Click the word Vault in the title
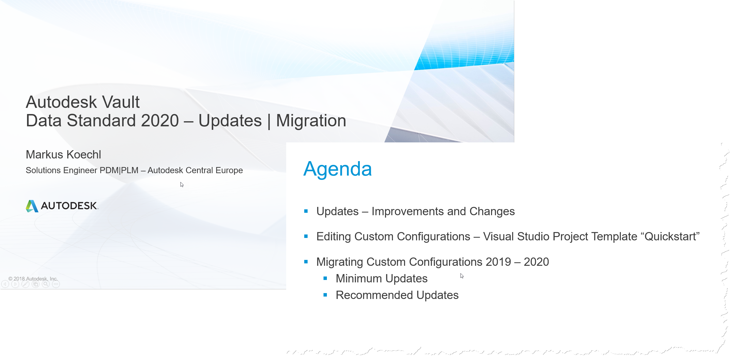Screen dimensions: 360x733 (x=121, y=102)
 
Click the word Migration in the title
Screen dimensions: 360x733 (x=311, y=120)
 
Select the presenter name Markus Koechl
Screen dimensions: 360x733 (x=63, y=154)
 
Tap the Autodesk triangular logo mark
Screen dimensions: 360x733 (x=32, y=206)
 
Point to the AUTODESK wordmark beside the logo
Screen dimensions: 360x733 (x=69, y=206)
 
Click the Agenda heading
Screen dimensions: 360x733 (x=337, y=169)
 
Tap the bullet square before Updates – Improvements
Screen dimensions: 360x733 (x=306, y=211)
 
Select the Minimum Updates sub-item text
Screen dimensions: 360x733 (x=381, y=279)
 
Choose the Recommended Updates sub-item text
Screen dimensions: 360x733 (x=397, y=295)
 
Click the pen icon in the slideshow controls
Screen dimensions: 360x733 (x=26, y=284)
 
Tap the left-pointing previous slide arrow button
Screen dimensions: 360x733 (x=5, y=284)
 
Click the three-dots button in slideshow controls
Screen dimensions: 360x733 (x=56, y=284)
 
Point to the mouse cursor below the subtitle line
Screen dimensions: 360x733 (x=182, y=184)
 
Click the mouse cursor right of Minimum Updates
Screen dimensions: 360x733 (x=462, y=275)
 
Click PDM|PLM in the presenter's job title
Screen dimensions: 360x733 (x=119, y=170)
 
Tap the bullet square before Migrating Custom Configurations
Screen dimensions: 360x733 (x=306, y=262)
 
